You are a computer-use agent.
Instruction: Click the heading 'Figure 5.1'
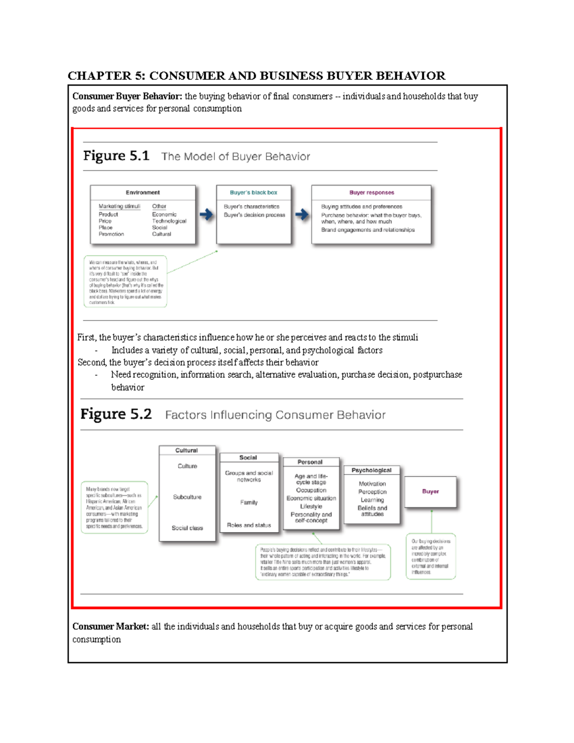tap(116, 156)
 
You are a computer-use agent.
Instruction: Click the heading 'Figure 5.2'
tap(116, 414)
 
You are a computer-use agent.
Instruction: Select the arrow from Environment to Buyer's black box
tap(206, 214)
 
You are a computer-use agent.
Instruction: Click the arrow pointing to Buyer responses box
tap(301, 214)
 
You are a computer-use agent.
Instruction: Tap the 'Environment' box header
tap(143, 192)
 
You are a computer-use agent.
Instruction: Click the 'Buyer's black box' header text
tap(254, 192)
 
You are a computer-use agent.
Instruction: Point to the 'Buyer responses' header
tap(372, 192)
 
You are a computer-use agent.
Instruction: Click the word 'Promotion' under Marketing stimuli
tap(111, 234)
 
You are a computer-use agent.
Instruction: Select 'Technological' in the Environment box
tap(169, 221)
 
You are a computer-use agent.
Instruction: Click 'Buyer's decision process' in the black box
tap(254, 215)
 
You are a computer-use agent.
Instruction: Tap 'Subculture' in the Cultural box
tap(187, 497)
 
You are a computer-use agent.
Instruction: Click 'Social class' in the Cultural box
tap(187, 528)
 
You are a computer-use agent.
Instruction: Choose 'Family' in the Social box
tap(249, 502)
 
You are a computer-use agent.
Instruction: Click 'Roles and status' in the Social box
tap(249, 525)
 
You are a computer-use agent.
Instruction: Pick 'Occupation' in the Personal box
tap(311, 490)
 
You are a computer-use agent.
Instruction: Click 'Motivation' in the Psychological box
tap(372, 484)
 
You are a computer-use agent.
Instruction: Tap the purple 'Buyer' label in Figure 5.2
tap(430, 491)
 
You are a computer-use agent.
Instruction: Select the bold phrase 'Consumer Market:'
tap(110, 626)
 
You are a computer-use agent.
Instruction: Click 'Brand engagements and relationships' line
tap(368, 230)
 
